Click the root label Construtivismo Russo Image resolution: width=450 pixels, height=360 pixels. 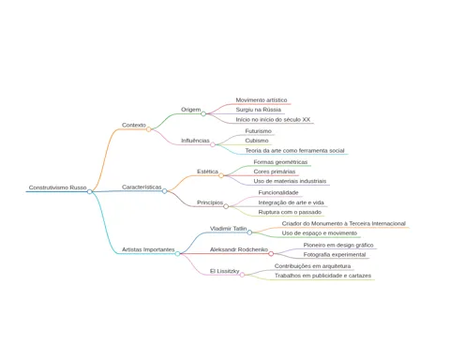[57, 187]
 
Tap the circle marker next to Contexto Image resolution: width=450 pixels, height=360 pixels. [149, 129]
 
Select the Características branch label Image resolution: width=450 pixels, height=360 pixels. [142, 187]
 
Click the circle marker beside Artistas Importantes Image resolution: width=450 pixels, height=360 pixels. [177, 254]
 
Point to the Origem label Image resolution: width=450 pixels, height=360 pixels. [191, 110]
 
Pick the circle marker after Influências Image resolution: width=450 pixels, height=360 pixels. [213, 144]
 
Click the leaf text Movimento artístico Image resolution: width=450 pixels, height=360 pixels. [262, 100]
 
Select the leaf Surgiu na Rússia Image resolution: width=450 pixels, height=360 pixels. [258, 110]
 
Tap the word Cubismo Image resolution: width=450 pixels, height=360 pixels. [257, 141]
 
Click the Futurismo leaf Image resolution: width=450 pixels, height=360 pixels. [258, 131]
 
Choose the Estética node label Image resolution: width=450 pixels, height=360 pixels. [207, 172]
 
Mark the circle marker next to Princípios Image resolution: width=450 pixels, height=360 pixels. [226, 206]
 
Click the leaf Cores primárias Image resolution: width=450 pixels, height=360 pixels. [275, 172]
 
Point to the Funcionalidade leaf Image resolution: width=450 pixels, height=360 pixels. [278, 193]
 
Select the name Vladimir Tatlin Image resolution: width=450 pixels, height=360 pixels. [228, 229]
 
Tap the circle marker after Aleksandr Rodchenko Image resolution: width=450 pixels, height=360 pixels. [271, 254]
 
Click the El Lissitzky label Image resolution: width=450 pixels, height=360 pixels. [224, 271]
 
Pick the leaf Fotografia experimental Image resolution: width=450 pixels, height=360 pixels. [335, 255]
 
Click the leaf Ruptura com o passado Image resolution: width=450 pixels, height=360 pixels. [290, 212]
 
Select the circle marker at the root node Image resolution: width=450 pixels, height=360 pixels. [90, 191]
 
